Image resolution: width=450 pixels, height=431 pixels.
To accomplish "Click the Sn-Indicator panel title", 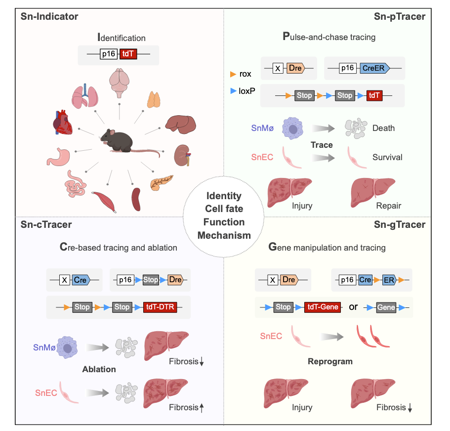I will [49, 17].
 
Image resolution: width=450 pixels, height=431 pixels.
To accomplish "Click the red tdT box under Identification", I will [128, 54].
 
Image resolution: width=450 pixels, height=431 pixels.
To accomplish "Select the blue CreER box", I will [373, 68].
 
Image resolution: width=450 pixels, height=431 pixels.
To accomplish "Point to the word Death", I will [384, 128].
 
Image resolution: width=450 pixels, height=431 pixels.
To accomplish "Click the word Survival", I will [387, 157].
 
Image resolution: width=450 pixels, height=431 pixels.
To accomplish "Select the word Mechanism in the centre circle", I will [225, 235].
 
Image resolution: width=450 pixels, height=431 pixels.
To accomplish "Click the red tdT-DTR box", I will [159, 307].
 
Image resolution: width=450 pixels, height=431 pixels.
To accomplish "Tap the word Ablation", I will [99, 369].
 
